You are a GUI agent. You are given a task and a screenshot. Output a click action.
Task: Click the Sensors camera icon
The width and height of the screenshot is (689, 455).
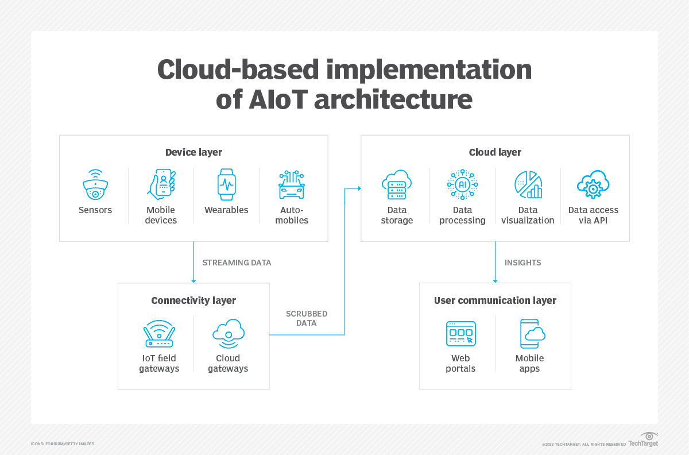tap(95, 185)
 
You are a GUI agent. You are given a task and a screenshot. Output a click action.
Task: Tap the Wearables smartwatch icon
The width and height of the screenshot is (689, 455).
tap(226, 184)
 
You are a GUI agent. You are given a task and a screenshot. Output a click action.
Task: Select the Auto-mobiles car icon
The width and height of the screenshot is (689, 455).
tap(292, 185)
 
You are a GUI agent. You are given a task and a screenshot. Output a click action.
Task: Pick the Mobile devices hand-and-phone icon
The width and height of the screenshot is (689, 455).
tap(161, 184)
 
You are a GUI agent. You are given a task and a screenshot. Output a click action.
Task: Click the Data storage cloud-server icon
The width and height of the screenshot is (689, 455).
tap(397, 185)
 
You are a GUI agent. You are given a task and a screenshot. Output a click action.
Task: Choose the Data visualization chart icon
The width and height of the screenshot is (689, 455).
tap(528, 185)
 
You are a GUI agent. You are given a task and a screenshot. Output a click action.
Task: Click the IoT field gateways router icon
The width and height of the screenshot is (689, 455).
tap(158, 334)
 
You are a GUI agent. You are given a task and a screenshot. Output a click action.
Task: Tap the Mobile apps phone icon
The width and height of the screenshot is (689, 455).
tap(531, 334)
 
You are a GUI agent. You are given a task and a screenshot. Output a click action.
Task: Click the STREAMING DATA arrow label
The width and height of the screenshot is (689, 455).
tap(237, 263)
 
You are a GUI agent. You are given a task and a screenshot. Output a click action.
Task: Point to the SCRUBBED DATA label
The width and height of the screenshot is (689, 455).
tap(307, 319)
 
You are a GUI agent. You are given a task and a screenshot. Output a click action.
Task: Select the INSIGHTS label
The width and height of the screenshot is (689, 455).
tap(522, 263)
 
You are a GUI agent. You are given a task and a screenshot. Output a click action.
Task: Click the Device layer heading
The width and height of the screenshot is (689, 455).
tap(193, 152)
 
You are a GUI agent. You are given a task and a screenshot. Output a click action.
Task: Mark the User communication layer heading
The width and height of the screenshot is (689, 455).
tap(495, 300)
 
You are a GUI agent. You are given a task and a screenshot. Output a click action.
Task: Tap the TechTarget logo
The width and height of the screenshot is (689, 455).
tap(643, 441)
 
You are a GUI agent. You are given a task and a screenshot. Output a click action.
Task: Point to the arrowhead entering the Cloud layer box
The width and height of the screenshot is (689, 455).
tap(359, 188)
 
